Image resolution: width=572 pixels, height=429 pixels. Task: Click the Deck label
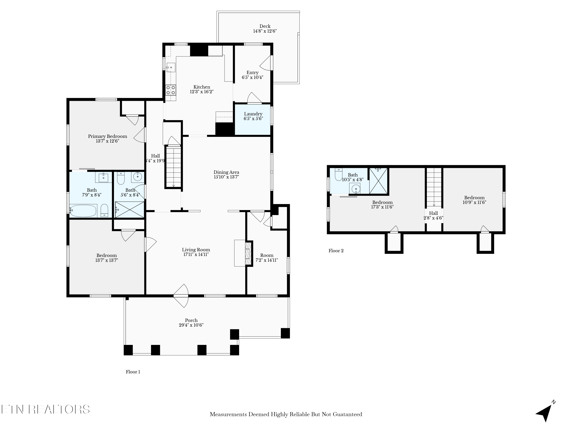click(x=265, y=26)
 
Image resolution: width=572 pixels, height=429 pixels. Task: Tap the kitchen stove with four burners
click(x=171, y=90)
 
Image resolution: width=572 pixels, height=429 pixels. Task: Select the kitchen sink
click(x=171, y=67)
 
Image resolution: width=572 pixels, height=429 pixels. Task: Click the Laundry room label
click(x=253, y=114)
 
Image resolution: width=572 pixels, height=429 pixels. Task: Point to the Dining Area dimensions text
click(x=226, y=177)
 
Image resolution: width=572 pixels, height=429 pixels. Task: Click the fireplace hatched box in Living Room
click(x=248, y=253)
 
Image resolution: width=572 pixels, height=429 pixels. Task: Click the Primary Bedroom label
click(x=107, y=136)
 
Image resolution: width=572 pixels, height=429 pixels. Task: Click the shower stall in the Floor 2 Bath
click(x=378, y=181)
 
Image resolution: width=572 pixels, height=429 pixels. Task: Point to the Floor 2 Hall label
click(x=433, y=213)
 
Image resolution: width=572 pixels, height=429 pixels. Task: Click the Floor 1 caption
click(x=133, y=372)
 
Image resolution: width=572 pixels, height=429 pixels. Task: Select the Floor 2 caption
click(x=336, y=251)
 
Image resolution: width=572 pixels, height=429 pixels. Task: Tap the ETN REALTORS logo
click(x=46, y=409)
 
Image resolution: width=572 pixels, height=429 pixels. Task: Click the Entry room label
click(x=252, y=73)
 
